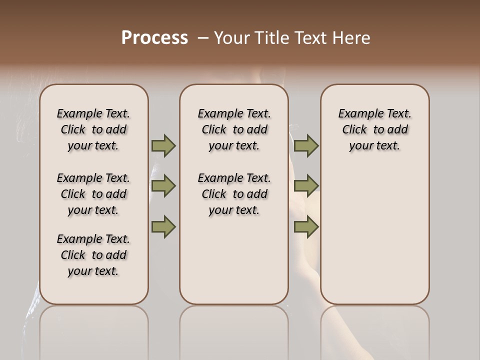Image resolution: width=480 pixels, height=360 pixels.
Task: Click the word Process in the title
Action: tap(154, 37)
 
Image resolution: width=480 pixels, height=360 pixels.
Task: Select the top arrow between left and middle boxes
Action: tap(163, 145)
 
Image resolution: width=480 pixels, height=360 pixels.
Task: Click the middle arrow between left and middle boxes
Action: tap(163, 186)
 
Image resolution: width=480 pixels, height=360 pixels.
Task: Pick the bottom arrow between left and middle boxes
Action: tap(163, 226)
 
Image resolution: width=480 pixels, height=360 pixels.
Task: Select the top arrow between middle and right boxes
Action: tap(306, 145)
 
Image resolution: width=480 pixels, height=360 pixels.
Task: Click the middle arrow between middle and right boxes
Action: tap(306, 186)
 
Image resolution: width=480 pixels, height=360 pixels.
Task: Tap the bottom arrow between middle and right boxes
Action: tap(306, 226)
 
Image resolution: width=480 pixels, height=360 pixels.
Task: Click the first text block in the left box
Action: tap(93, 129)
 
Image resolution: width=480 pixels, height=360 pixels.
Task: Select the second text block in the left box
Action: tap(93, 194)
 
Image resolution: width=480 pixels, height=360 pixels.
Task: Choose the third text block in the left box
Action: tap(93, 255)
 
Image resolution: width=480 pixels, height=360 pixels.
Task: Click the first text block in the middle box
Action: tap(234, 129)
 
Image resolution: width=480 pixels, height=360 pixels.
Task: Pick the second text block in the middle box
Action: tap(234, 194)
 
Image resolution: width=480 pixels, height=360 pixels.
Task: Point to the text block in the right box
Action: tap(374, 129)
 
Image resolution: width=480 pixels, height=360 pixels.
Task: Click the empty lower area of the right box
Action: tap(374, 235)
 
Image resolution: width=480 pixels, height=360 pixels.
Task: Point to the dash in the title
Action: tap(202, 37)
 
